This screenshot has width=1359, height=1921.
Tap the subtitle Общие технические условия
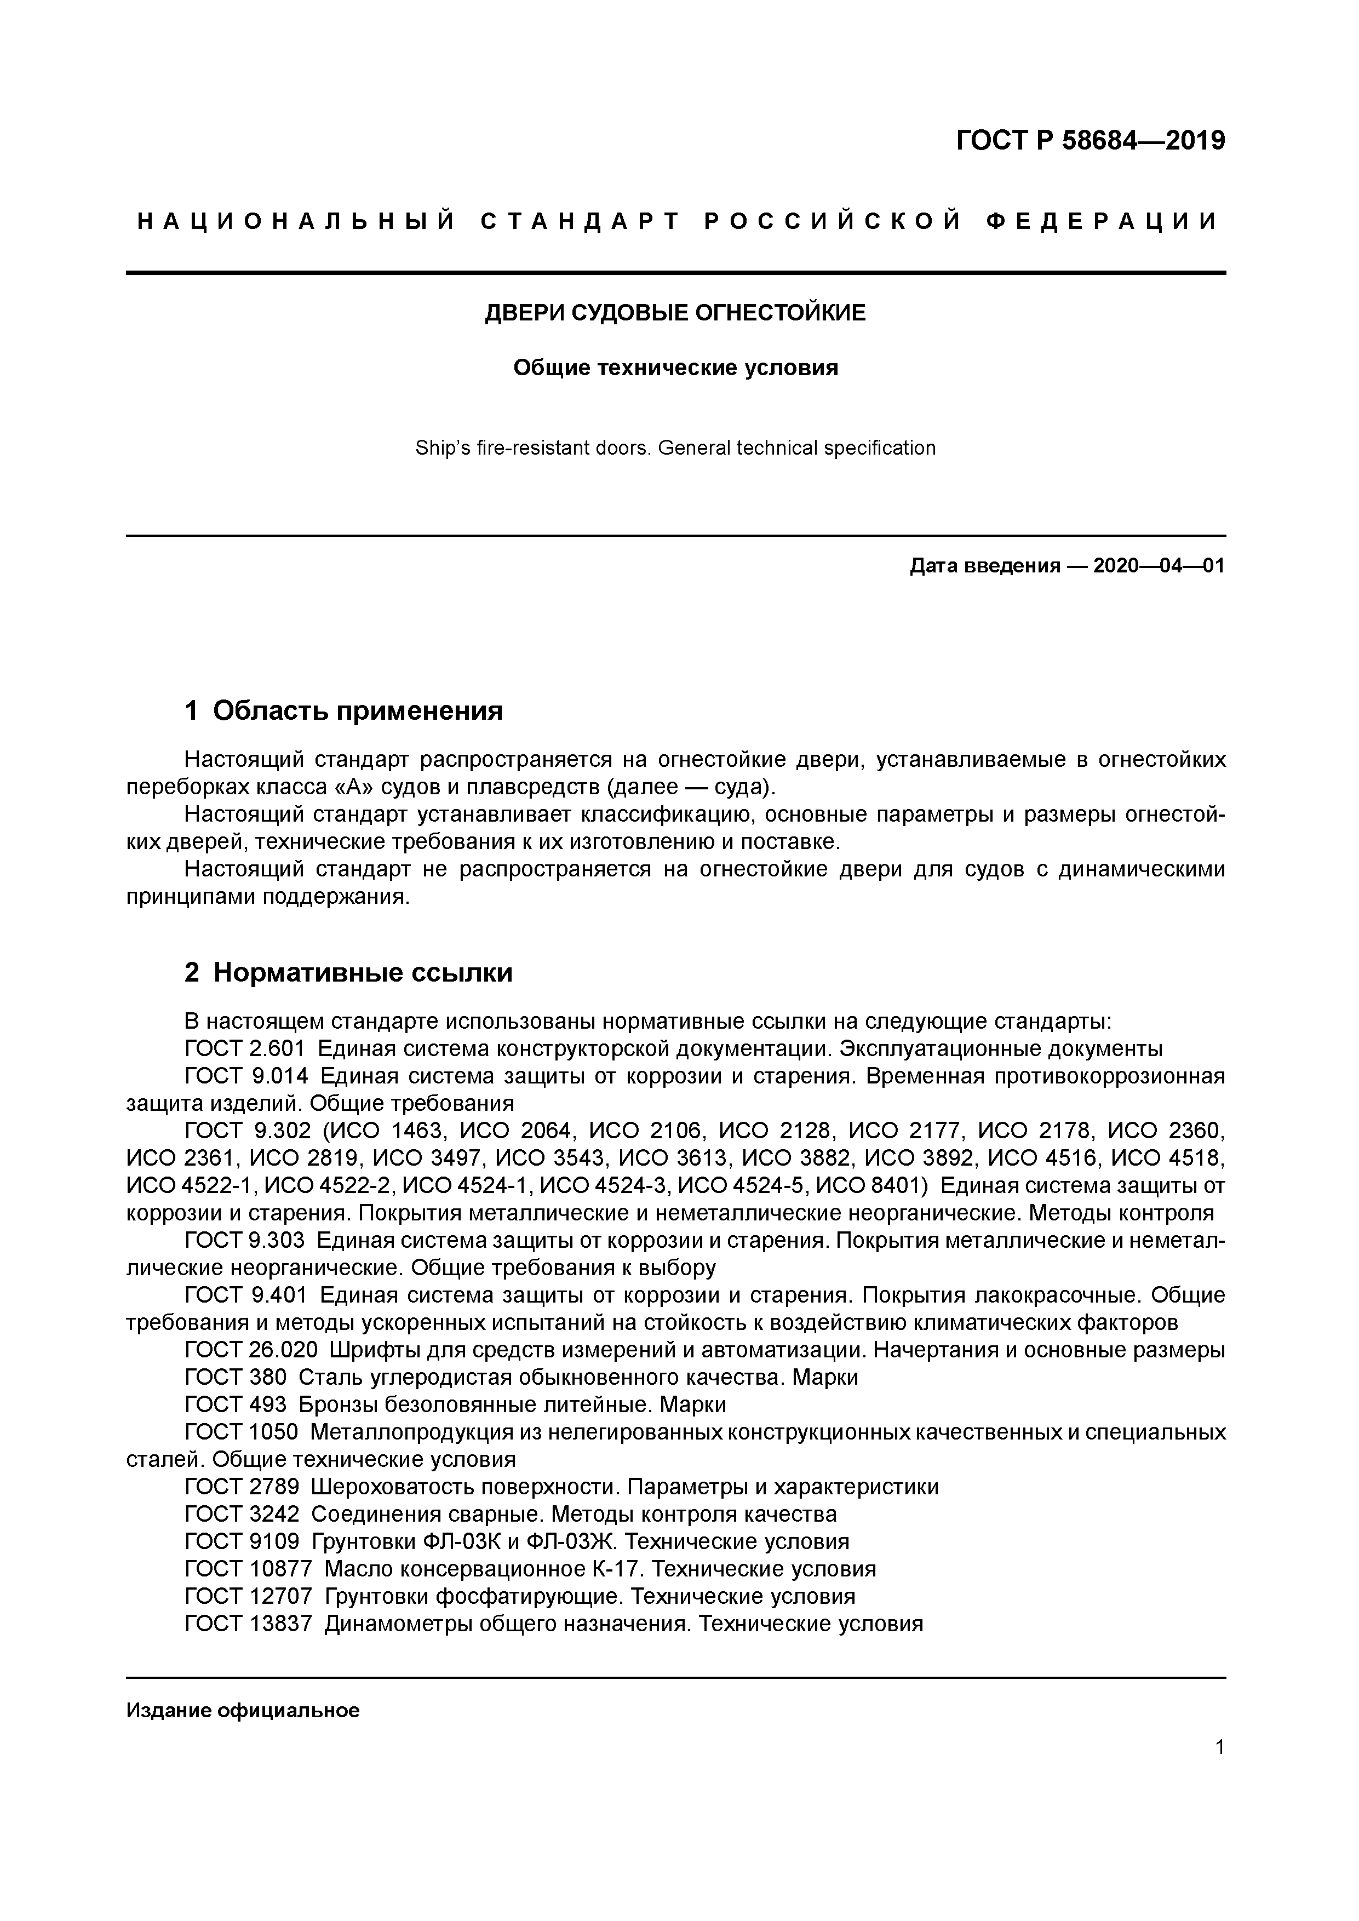tap(675, 368)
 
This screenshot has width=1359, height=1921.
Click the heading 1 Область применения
tap(343, 711)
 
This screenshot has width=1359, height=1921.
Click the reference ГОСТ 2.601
tap(244, 1049)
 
